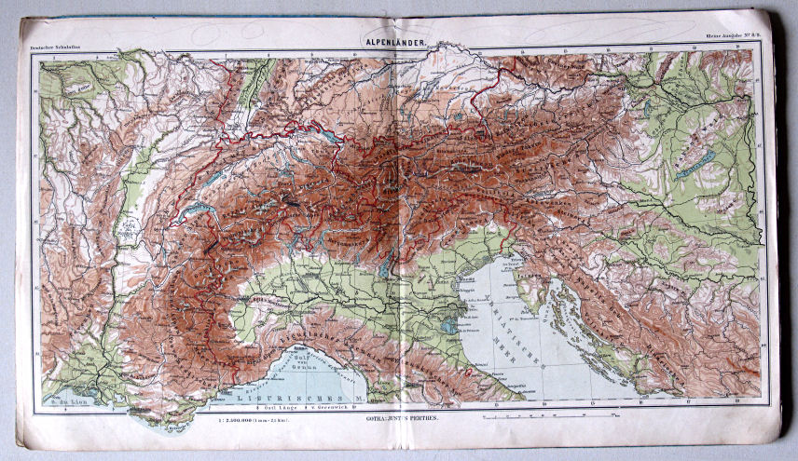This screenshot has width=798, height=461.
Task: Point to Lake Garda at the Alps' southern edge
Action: [x=385, y=264]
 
